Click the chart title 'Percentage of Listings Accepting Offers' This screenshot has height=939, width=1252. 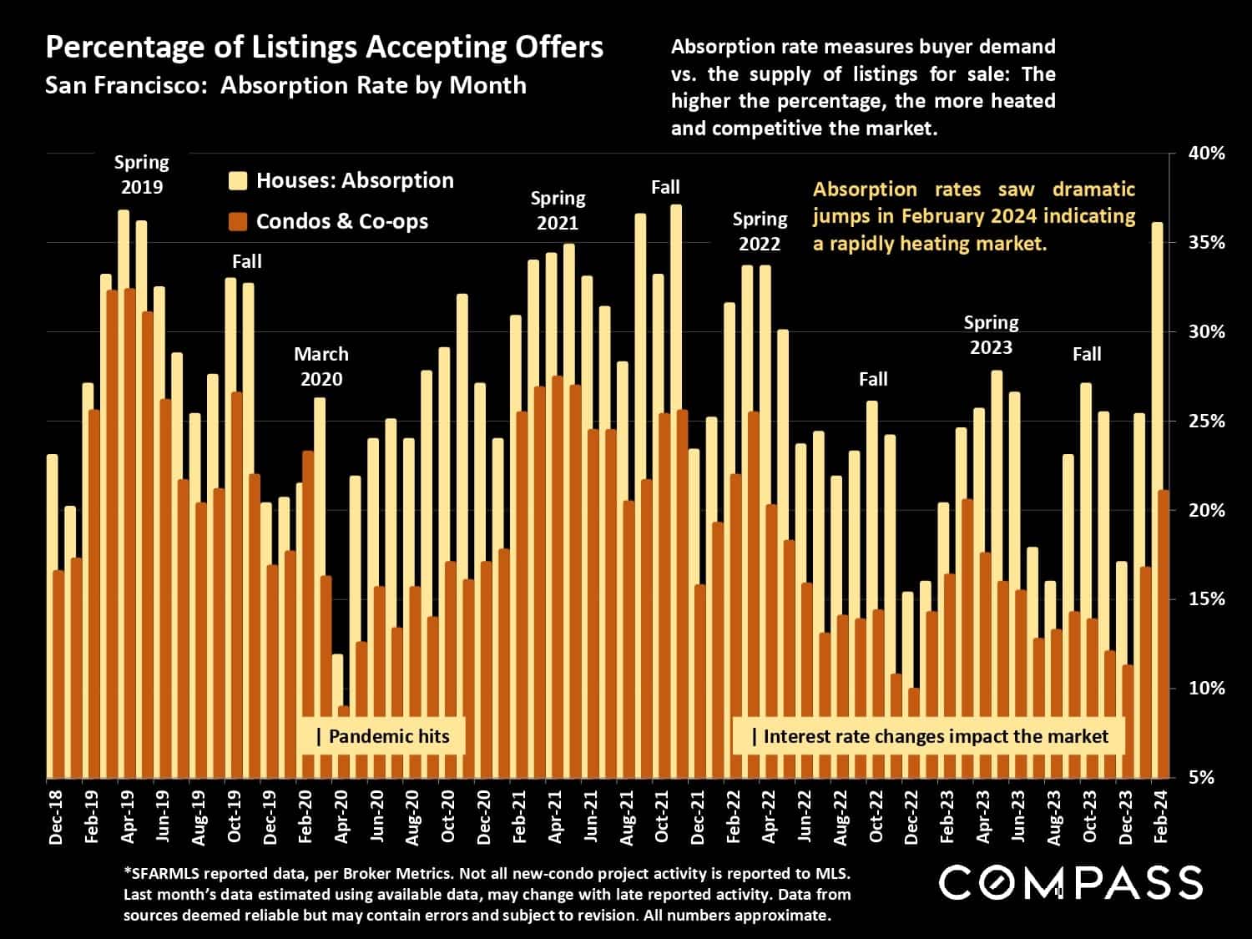324,48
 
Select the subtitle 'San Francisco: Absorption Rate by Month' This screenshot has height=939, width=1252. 285,85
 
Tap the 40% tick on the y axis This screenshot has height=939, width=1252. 1207,154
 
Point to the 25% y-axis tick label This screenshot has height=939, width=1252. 1207,422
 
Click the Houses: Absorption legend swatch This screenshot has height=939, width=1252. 238,181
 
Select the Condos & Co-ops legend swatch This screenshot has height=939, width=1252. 238,222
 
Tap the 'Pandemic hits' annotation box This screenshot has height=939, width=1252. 382,736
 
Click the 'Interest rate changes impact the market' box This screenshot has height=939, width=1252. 929,736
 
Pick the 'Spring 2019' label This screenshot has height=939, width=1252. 141,174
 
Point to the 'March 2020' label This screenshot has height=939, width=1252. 321,366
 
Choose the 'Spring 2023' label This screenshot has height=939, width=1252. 991,335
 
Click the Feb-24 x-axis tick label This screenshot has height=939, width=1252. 1161,815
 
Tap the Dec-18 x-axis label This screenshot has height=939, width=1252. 56,815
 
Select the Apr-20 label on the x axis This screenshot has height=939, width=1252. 341,815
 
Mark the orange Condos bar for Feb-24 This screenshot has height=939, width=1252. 1164,634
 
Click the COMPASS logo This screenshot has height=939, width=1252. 1071,883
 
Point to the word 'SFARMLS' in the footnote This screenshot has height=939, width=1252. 164,874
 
